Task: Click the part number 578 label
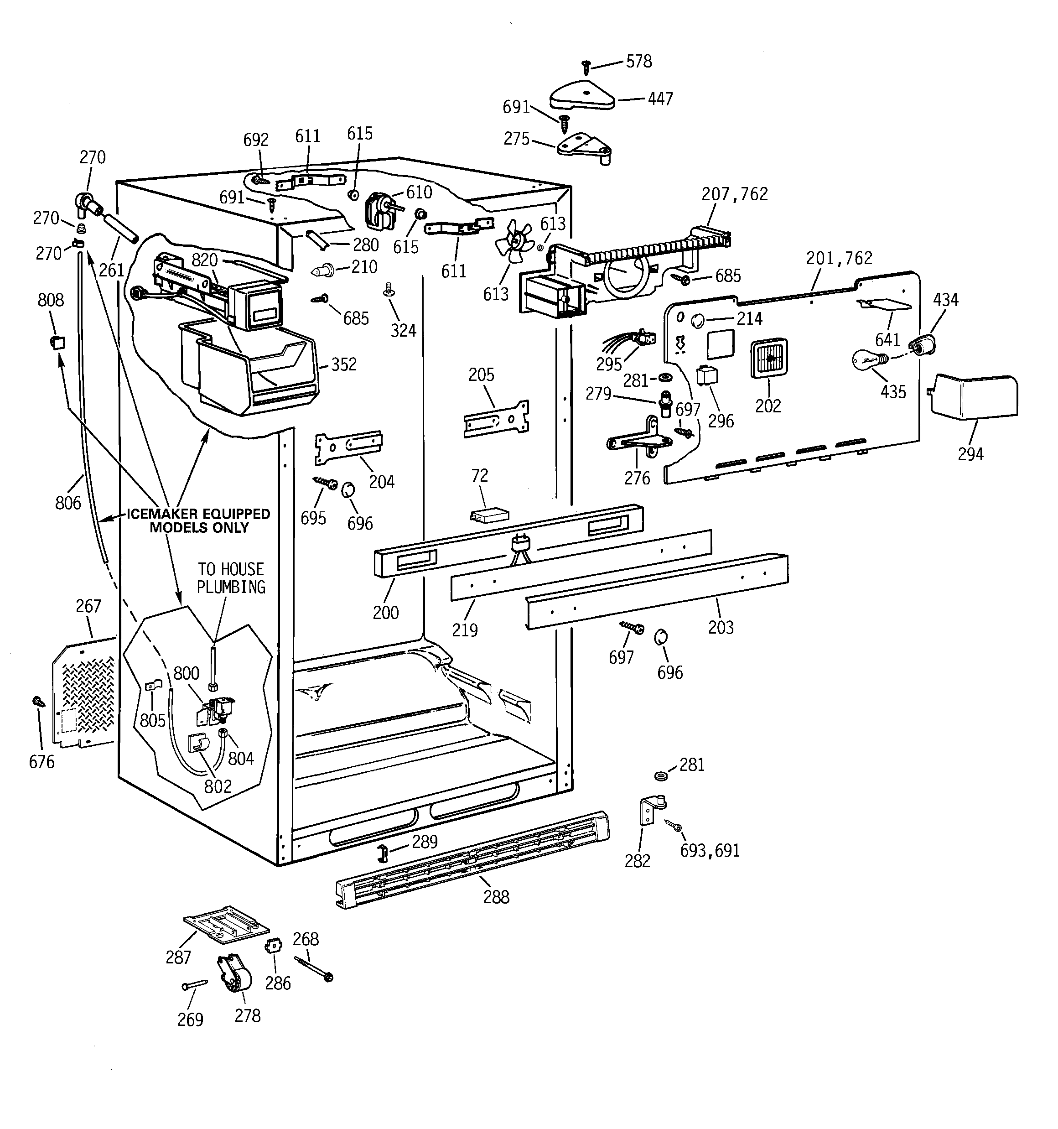coord(639,61)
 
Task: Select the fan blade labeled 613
coord(514,241)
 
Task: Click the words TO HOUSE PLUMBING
coord(231,578)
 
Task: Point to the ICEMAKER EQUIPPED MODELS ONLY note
coord(199,520)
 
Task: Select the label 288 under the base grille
coord(496,897)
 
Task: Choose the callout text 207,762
coord(734,194)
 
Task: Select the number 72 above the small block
coord(479,475)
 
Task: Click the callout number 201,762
coord(839,258)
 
